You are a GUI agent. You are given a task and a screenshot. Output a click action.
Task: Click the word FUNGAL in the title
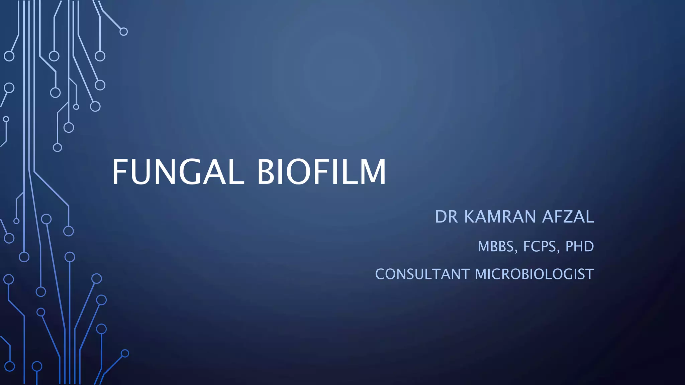pos(178,172)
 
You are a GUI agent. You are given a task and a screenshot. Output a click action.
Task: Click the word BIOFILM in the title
pos(321,172)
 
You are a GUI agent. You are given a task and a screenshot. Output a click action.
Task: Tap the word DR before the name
pos(446,217)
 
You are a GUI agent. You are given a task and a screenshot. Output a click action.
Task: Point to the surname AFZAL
pos(568,217)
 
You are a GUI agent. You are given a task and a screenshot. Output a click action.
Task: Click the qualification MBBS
pos(496,247)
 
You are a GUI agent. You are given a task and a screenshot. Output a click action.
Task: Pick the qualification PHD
pos(580,247)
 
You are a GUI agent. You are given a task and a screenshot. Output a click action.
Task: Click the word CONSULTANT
pos(422,274)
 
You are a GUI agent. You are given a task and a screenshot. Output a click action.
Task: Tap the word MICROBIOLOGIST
pos(534,274)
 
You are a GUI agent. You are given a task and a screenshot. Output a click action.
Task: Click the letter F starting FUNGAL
pos(119,172)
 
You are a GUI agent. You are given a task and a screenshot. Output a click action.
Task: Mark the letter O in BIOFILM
pos(294,172)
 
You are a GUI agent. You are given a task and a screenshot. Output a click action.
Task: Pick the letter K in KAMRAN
pos(470,217)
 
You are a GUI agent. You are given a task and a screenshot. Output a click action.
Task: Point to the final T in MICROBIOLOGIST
pos(590,274)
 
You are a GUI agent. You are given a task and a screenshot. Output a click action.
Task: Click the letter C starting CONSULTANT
pos(380,274)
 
